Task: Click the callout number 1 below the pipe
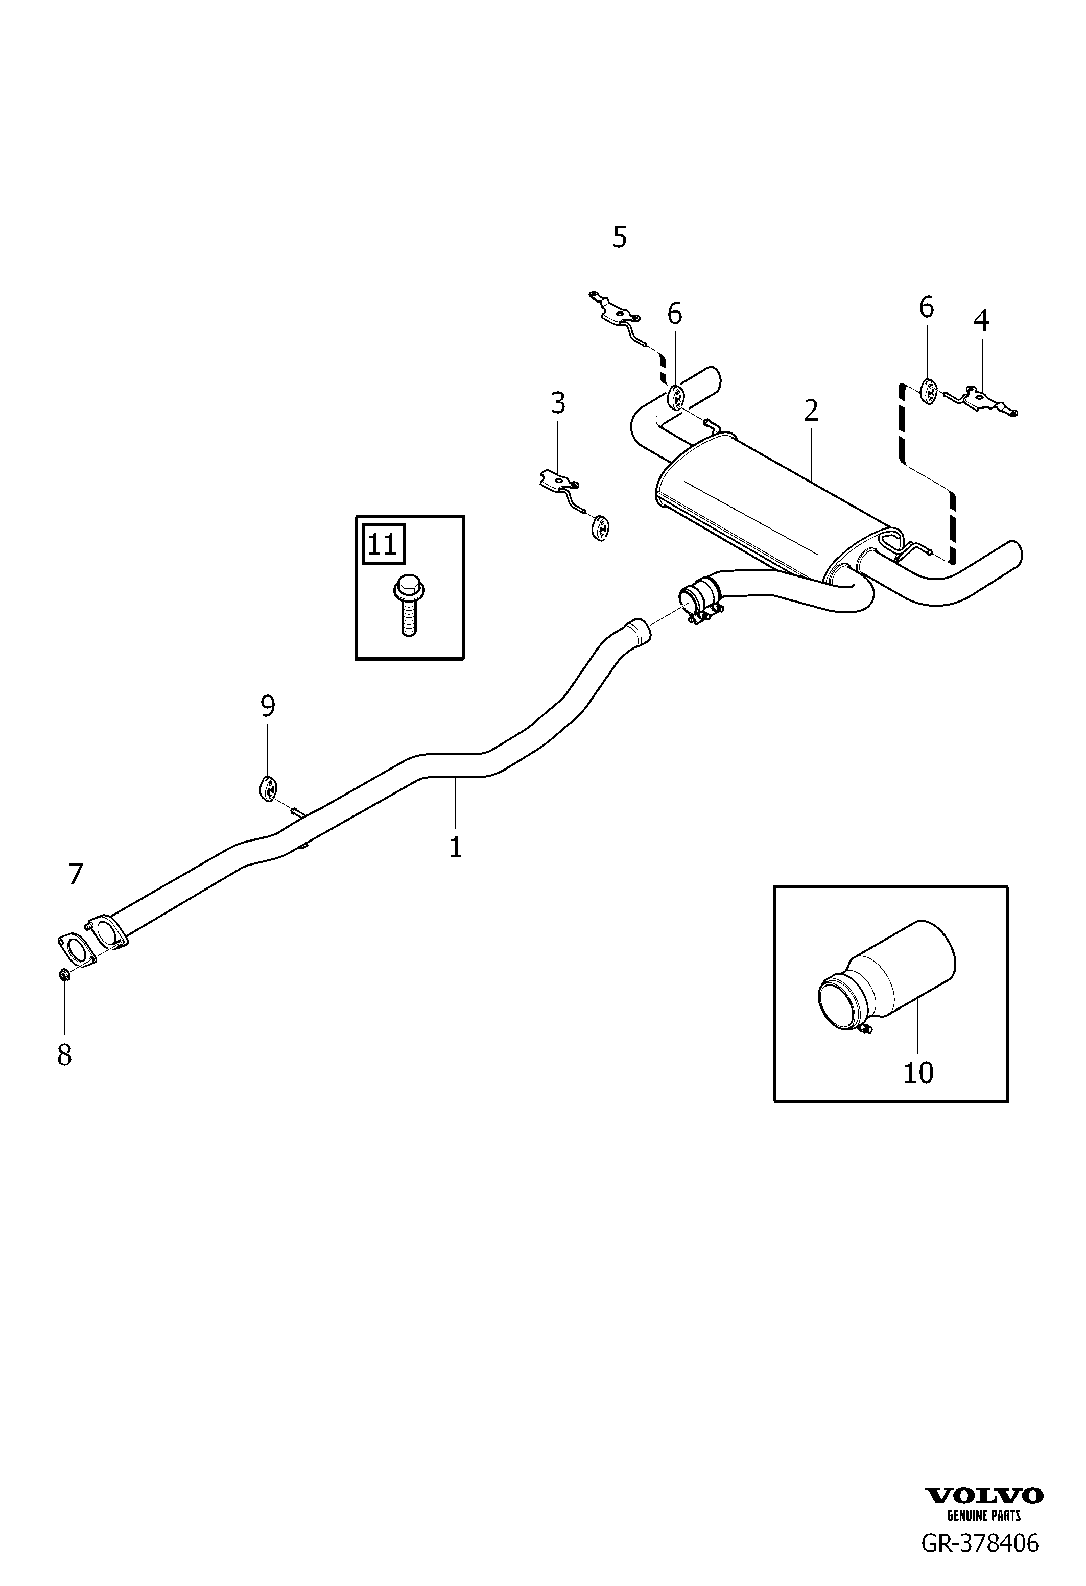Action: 455,847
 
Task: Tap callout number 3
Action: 558,403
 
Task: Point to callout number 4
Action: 981,321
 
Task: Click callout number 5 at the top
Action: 619,237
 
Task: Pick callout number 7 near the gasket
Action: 75,874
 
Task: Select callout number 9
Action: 268,706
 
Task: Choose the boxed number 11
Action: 382,545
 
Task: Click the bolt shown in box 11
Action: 408,604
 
